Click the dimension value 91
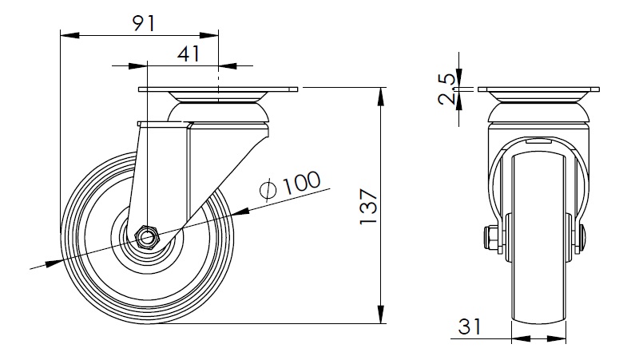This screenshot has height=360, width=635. point(144,24)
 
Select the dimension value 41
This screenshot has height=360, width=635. point(189,53)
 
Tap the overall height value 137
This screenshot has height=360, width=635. point(368,206)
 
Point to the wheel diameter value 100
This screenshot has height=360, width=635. point(301,183)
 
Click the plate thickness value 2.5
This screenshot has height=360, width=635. point(447,89)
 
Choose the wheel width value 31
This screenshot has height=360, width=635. point(470,326)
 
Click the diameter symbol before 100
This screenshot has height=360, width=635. point(268,189)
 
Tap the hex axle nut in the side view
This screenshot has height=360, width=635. point(146,237)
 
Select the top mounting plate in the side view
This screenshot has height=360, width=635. point(218,89)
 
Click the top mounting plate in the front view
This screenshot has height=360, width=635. point(538,89)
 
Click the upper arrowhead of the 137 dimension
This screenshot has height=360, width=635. point(381,97)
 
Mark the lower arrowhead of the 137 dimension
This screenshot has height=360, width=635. point(381,315)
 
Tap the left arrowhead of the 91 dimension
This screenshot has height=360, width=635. point(69,36)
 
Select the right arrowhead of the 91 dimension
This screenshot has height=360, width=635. point(209,36)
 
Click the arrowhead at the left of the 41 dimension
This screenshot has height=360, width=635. point(137,66)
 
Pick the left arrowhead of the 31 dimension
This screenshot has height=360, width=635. point(521,338)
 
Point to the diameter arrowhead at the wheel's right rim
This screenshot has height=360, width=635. point(240,212)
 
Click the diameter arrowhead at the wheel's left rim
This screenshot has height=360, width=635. point(54,263)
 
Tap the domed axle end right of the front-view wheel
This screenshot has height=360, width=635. point(584,239)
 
